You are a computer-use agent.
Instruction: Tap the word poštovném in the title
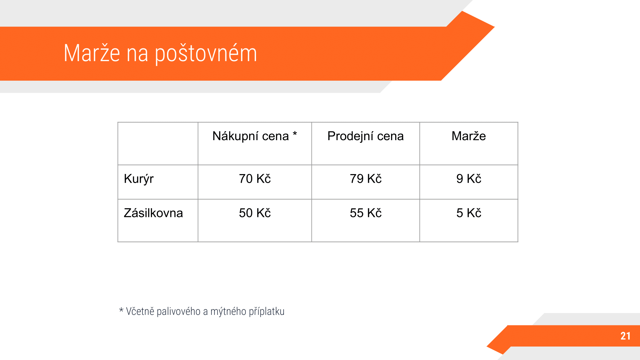pyautogui.click(x=206, y=54)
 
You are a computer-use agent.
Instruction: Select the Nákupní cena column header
pyautogui.click(x=251, y=136)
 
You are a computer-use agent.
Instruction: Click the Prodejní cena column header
pyautogui.click(x=365, y=137)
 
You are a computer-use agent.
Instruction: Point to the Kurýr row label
pyautogui.click(x=139, y=179)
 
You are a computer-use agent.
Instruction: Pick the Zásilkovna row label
pyautogui.click(x=153, y=213)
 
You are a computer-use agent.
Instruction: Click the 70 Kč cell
pyautogui.click(x=255, y=179)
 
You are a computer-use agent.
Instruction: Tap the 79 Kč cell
pyautogui.click(x=365, y=179)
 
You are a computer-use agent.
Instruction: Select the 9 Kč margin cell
pyautogui.click(x=469, y=179)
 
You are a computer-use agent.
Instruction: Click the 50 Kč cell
pyautogui.click(x=255, y=213)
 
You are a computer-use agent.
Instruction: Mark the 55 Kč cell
pyautogui.click(x=365, y=213)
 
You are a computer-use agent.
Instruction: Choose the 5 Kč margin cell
pyautogui.click(x=469, y=213)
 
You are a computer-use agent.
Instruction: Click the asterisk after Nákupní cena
pyautogui.click(x=295, y=134)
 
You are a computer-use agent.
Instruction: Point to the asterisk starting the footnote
pyautogui.click(x=121, y=310)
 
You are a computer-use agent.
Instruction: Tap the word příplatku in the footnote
pyautogui.click(x=267, y=312)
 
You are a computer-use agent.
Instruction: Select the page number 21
pyautogui.click(x=626, y=336)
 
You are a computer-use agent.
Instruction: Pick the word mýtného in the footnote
pyautogui.click(x=228, y=312)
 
